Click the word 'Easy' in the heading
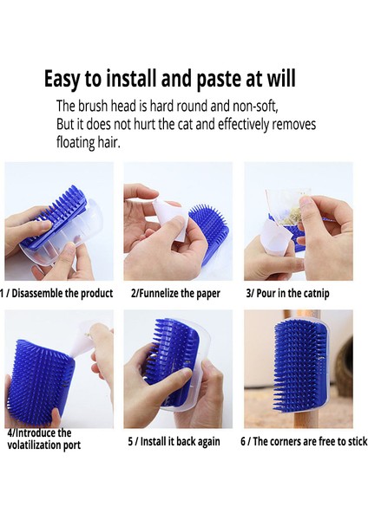(62, 79)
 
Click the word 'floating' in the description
(76, 142)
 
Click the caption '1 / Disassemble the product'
(56, 293)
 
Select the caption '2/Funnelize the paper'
(175, 294)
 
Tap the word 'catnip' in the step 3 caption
(316, 294)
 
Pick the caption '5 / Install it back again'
(174, 441)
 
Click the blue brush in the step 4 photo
(40, 382)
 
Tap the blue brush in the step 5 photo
(169, 360)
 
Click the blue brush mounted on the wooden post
(299, 365)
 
